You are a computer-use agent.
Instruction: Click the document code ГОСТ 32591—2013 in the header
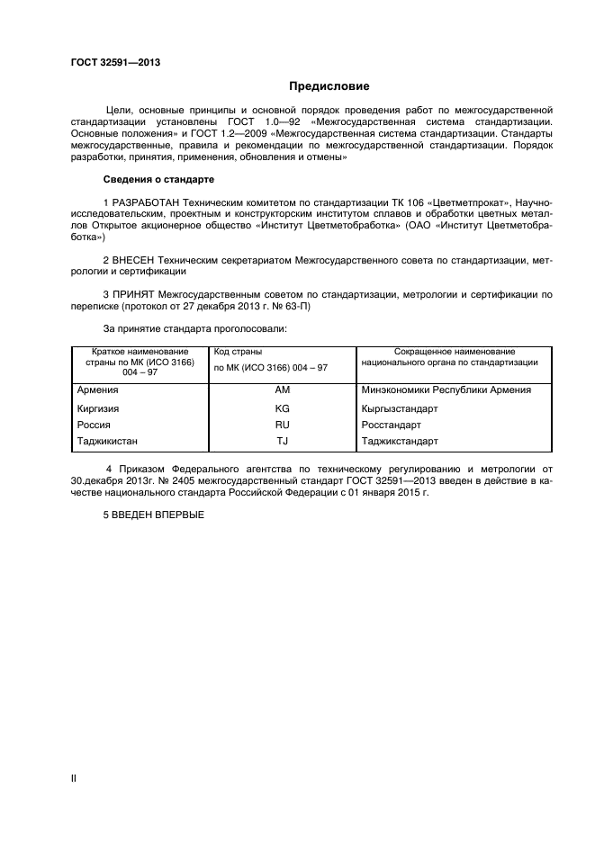click(x=115, y=63)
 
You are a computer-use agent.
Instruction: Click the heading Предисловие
click(x=329, y=87)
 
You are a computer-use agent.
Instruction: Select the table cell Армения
click(x=98, y=390)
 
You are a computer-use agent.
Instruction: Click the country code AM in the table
click(x=282, y=390)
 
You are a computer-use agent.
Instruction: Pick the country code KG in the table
click(x=282, y=408)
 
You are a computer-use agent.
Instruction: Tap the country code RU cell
click(x=282, y=425)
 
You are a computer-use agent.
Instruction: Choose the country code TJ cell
click(x=282, y=442)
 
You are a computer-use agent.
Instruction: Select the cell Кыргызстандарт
click(x=399, y=408)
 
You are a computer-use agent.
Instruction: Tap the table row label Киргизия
click(x=99, y=408)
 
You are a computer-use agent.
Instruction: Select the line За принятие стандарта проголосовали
click(x=194, y=329)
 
